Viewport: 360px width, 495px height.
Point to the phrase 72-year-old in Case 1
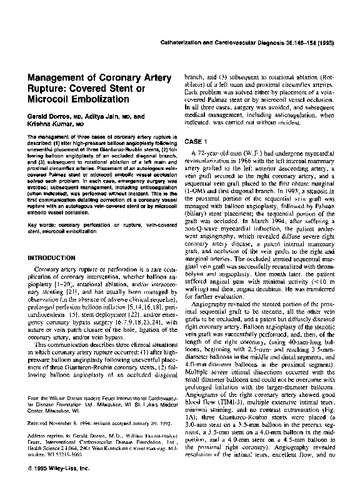tap(216, 153)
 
